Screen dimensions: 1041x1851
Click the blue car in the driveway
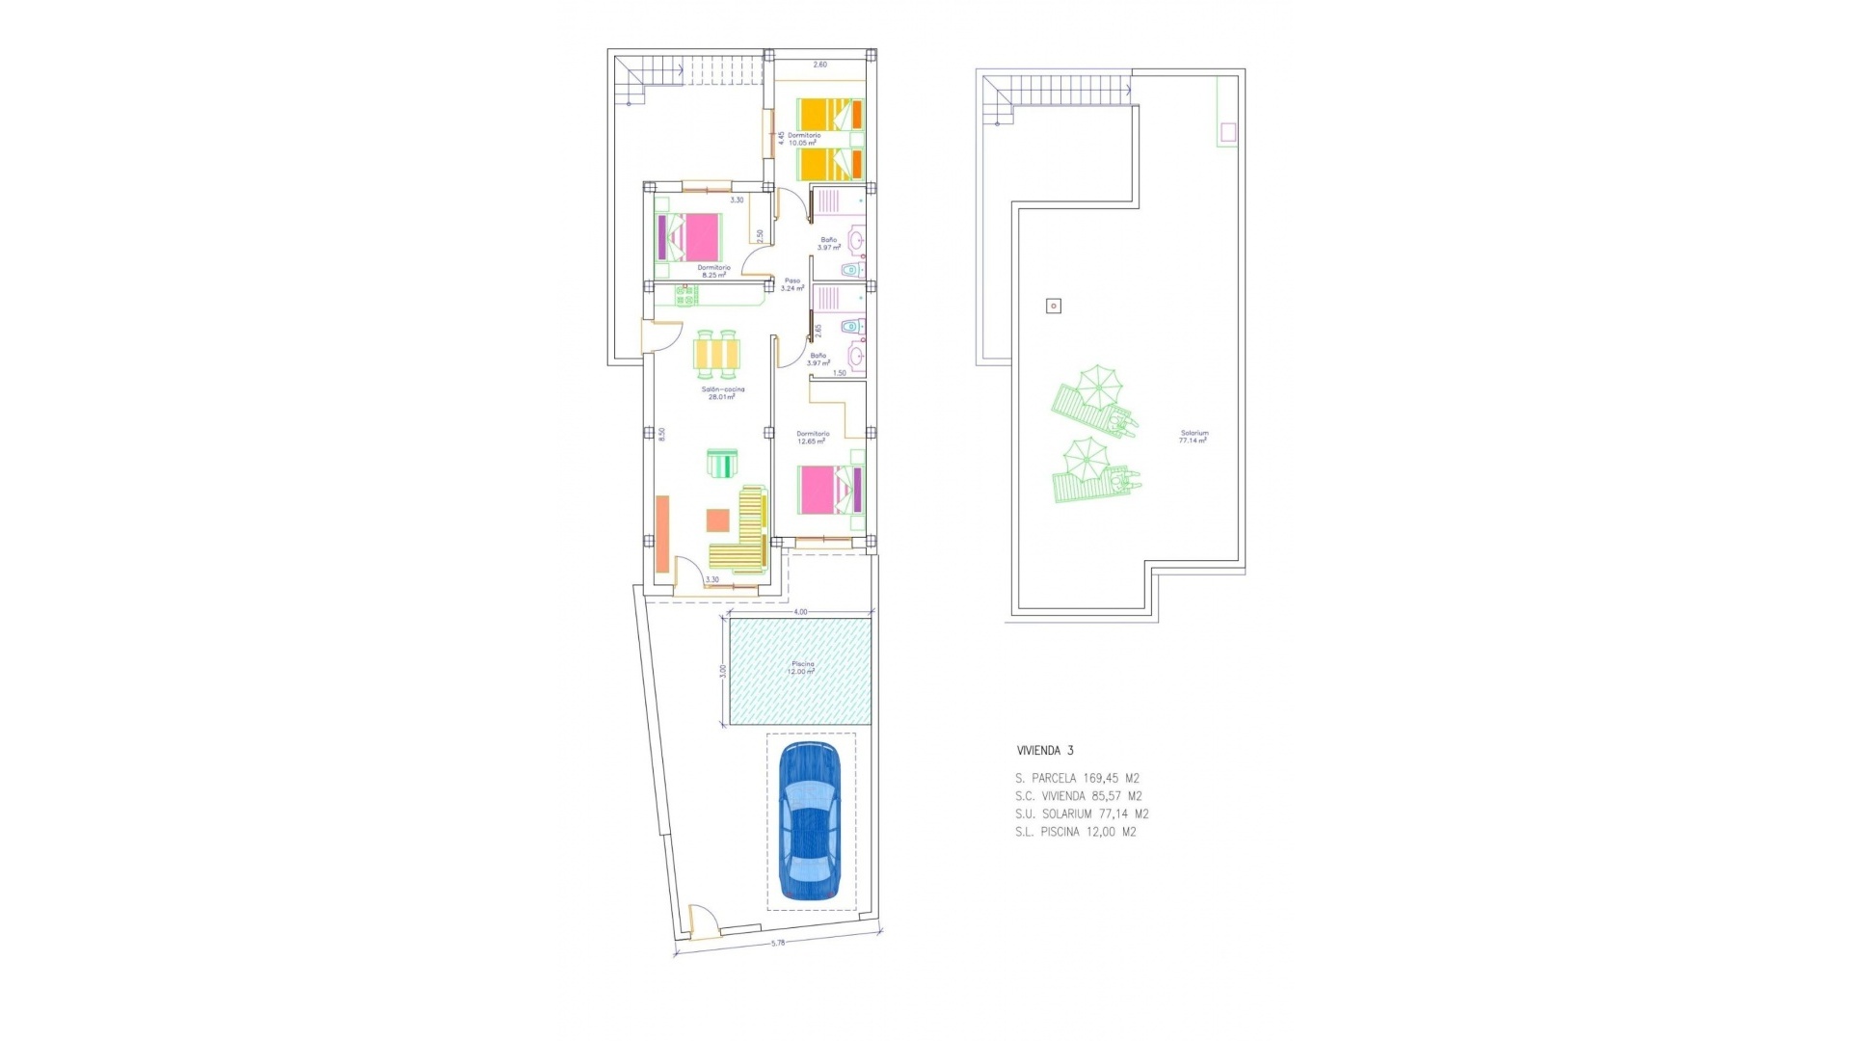click(810, 821)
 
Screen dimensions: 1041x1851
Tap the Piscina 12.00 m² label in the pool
click(802, 667)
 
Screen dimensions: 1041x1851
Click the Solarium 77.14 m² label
click(1194, 437)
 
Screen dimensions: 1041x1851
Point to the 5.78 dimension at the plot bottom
click(778, 943)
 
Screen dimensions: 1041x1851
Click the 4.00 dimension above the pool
click(800, 612)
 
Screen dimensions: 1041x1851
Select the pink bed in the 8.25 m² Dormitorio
click(689, 237)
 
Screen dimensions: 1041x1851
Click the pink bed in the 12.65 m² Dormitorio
click(829, 490)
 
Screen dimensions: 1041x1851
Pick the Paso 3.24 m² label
click(791, 284)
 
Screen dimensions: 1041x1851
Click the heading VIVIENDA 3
click(1044, 751)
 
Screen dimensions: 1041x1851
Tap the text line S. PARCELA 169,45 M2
click(1077, 778)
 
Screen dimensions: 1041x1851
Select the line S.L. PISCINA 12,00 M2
click(1075, 832)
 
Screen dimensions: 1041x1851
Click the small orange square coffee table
click(717, 520)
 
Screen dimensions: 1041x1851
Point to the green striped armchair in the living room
click(721, 464)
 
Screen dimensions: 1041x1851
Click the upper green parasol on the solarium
click(1098, 386)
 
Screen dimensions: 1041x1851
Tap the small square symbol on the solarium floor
click(1054, 307)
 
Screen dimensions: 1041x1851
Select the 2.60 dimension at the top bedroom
click(819, 65)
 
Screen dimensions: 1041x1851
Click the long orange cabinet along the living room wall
click(662, 534)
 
